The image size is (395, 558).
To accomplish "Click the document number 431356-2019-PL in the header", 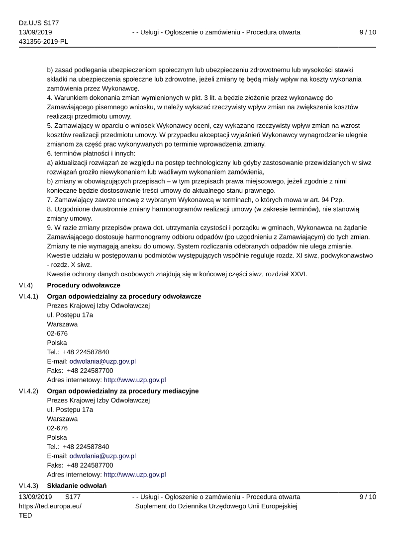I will (43, 42).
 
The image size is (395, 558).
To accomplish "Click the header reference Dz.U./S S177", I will (39, 23).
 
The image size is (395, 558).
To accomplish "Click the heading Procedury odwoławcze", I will (83, 285).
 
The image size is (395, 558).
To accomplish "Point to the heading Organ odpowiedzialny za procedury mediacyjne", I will (122, 391).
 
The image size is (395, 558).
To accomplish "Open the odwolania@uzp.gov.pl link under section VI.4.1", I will (102, 361).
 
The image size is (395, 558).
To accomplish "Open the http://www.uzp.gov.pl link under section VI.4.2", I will (134, 475).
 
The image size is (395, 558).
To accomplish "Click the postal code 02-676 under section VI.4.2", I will (57, 428).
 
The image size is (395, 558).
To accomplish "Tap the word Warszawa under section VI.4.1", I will (62, 324).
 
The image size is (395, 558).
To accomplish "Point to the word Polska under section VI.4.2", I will (57, 437).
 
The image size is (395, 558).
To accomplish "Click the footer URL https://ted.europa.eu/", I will (50, 506).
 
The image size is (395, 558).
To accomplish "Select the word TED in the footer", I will (25, 516).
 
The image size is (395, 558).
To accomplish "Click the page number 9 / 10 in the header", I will (367, 32).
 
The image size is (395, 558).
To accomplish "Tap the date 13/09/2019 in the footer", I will (35, 497).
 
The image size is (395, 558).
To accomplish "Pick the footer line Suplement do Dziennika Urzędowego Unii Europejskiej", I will (216, 506).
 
